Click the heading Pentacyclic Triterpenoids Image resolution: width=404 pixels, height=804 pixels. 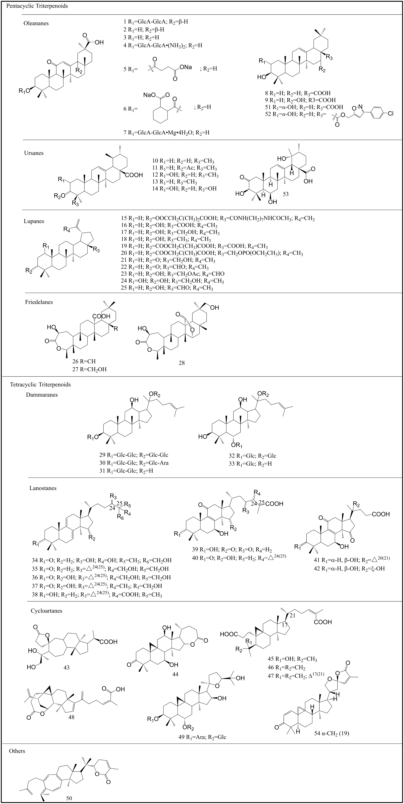pyautogui.click(x=35, y=6)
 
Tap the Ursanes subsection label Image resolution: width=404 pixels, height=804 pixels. pyautogui.click(x=34, y=153)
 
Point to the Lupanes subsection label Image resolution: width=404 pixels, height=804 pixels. pyautogui.click(x=34, y=221)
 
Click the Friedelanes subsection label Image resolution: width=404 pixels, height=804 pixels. pyautogui.click(x=39, y=302)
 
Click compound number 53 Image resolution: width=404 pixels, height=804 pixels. pyautogui.click(x=285, y=194)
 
